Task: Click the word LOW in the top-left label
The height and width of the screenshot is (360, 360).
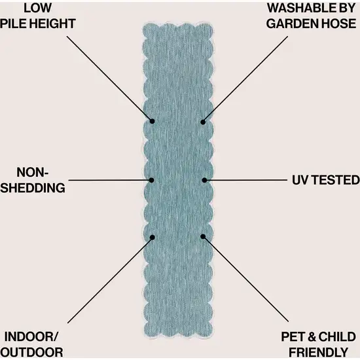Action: (38, 8)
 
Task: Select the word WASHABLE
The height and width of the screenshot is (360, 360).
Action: (298, 8)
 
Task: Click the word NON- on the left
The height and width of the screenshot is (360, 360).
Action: (32, 172)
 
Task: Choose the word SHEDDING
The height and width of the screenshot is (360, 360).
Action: (33, 188)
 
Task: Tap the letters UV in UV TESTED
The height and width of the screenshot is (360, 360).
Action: (300, 180)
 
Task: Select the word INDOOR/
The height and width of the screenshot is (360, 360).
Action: (31, 337)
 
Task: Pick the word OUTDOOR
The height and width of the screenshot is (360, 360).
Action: (31, 352)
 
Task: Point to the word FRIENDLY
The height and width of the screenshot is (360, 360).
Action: (319, 352)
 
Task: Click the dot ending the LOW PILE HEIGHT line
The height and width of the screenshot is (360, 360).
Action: (152, 121)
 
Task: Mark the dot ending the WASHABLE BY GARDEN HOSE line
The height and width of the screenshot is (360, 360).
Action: (203, 122)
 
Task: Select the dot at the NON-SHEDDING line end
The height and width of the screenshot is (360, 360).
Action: (151, 180)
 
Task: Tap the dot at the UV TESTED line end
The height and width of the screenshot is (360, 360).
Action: (204, 180)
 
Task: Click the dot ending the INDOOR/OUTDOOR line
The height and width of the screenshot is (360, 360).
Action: (153, 238)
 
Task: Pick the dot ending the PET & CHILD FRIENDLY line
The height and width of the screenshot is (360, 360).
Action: (203, 236)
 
